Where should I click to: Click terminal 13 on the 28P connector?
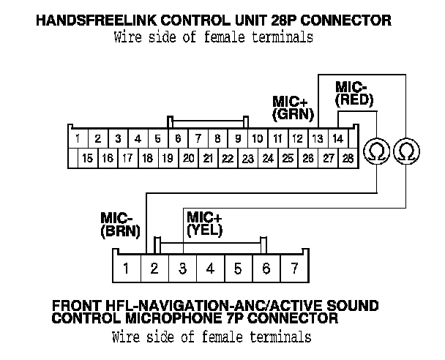pyautogui.click(x=317, y=138)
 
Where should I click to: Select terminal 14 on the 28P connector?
pyautogui.click(x=337, y=138)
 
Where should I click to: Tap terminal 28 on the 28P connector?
pyautogui.click(x=347, y=157)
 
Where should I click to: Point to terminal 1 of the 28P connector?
pyautogui.click(x=77, y=138)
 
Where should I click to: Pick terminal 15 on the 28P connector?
pyautogui.click(x=87, y=157)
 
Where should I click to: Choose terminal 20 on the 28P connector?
pyautogui.click(x=188, y=157)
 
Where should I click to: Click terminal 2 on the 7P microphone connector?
pyautogui.click(x=154, y=269)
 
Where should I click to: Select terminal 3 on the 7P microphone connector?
pyautogui.click(x=182, y=269)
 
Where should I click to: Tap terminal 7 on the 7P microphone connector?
pyautogui.click(x=294, y=269)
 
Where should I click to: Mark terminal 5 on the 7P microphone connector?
pyautogui.click(x=238, y=269)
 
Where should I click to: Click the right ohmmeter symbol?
pyautogui.click(x=405, y=151)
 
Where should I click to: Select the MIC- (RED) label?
pyautogui.click(x=354, y=93)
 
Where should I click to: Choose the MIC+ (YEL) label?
pyautogui.click(x=204, y=223)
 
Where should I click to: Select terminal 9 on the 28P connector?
pyautogui.click(x=237, y=138)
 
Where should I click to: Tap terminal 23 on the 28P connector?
pyautogui.click(x=248, y=157)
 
